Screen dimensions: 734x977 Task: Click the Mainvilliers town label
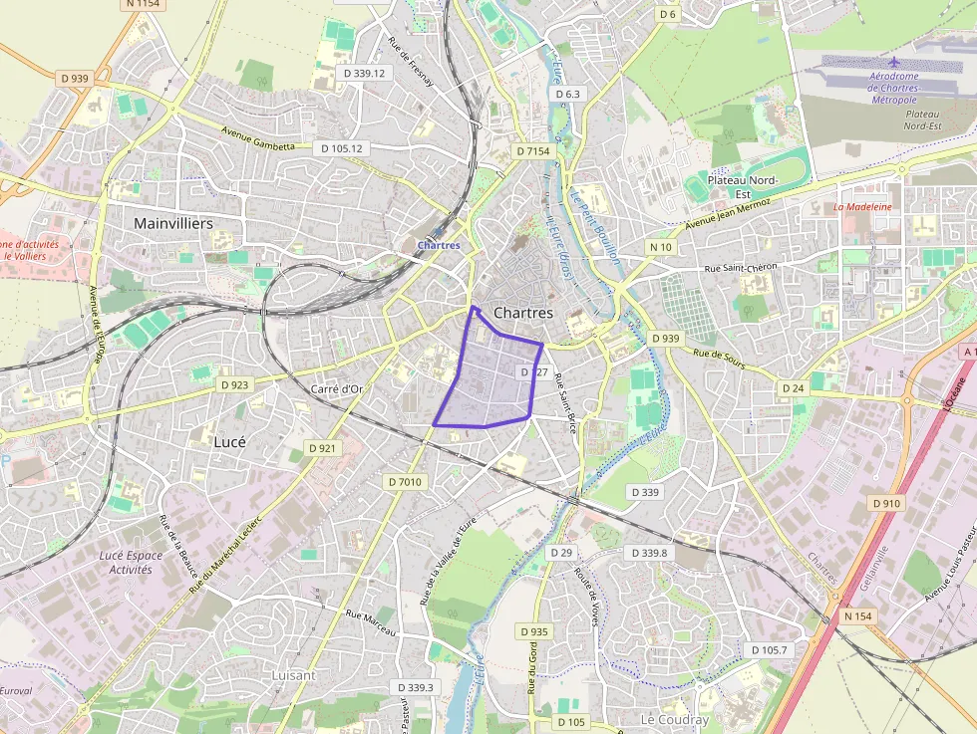173,224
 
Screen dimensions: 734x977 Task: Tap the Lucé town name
229,440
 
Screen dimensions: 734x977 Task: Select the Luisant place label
293,675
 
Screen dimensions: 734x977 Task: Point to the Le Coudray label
675,719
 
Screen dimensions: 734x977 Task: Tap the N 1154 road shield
144,5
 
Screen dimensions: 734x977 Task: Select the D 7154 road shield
533,151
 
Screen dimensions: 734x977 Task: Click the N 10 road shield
661,246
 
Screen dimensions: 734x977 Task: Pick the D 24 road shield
793,387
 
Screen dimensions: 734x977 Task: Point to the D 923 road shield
235,384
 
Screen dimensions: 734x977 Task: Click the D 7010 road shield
405,482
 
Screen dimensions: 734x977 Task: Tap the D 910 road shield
886,504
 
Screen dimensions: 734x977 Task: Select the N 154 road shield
857,616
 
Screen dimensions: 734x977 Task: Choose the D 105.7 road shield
768,650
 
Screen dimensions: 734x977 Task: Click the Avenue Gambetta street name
258,140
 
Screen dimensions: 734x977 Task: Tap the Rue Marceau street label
371,622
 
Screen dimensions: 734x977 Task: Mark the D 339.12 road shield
363,73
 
